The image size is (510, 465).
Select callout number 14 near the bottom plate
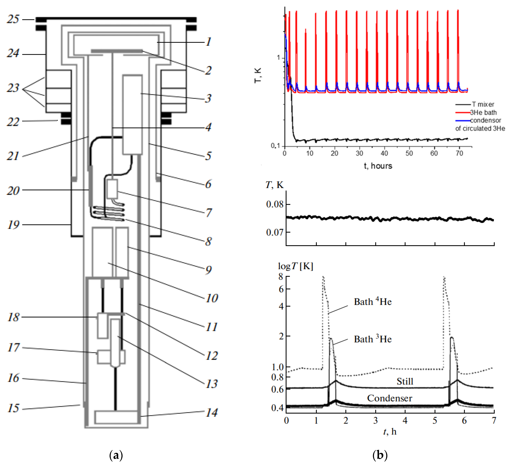pos(211,413)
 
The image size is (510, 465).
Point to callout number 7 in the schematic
pos(208,212)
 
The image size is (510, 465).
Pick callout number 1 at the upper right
pos(208,42)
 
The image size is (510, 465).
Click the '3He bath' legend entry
pos(483,112)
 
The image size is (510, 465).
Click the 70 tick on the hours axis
pos(459,153)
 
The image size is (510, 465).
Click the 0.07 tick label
pos(274,232)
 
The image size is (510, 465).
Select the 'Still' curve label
pos(405,381)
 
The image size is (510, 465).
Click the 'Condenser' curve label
pos(390,398)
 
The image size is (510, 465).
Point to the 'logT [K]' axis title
pos(296,266)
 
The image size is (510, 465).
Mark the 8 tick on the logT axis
pos(281,277)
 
